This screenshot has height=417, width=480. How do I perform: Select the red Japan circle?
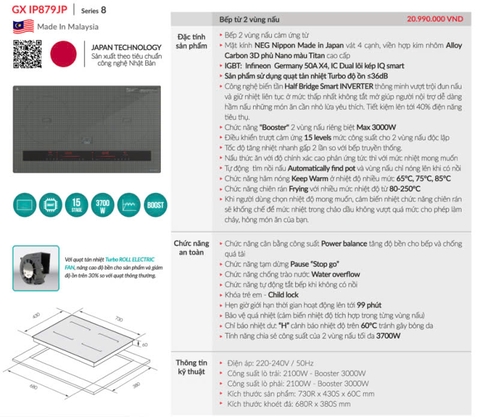pos(54,55)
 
